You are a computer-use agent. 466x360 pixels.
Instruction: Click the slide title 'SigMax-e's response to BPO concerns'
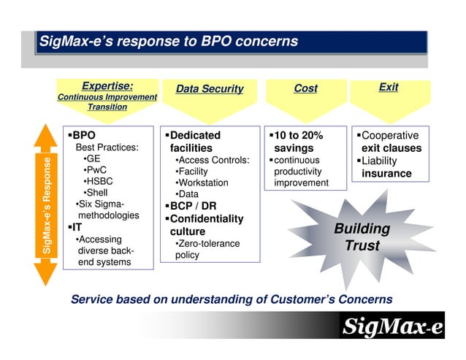pyautogui.click(x=169, y=41)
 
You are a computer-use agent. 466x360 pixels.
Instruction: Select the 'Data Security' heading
pyautogui.click(x=209, y=89)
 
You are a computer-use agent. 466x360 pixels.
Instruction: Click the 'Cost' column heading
pyautogui.click(x=305, y=88)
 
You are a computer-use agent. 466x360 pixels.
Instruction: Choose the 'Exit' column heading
pyautogui.click(x=389, y=87)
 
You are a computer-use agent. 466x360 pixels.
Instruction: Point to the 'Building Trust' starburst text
pyautogui.click(x=362, y=237)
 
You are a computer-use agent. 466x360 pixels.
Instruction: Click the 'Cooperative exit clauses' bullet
pyautogui.click(x=390, y=142)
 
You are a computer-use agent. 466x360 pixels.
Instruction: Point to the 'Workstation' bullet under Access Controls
pyautogui.click(x=202, y=183)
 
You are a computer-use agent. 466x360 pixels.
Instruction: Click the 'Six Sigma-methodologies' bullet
pyautogui.click(x=107, y=210)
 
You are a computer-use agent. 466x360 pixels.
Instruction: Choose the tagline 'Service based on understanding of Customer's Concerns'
pyautogui.click(x=231, y=299)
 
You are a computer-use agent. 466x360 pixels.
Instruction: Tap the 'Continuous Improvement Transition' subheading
pyautogui.click(x=107, y=102)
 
